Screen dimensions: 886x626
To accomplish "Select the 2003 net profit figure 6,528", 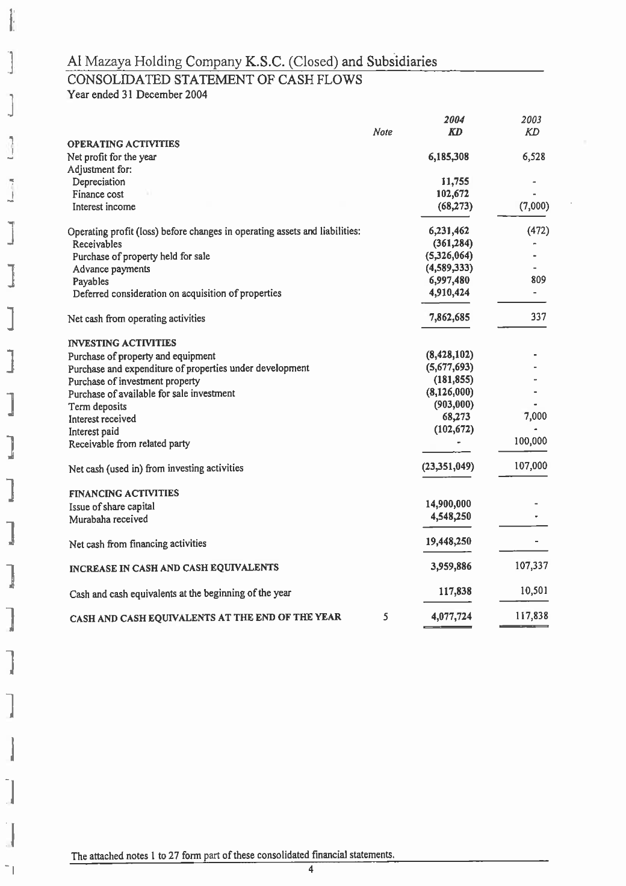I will point(533,157).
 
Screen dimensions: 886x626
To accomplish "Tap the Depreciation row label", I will point(99,182).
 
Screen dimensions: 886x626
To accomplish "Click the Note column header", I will point(382,133).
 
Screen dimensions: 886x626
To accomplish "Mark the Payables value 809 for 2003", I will point(538,280).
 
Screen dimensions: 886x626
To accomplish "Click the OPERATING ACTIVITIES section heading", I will point(123,144).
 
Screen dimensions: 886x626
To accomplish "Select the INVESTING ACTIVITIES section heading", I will point(122,343).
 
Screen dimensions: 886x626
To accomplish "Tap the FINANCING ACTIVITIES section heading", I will point(123,493).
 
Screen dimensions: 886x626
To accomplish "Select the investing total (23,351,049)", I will point(449,467).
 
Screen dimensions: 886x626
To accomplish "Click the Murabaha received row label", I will point(108,519).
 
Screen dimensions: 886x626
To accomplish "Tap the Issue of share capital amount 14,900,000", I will point(448,504).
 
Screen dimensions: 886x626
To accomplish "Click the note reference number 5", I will point(385,617).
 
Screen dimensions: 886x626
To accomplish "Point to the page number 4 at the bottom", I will point(311,869).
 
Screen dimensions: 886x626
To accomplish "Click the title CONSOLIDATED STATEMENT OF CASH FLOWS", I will point(214,80).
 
